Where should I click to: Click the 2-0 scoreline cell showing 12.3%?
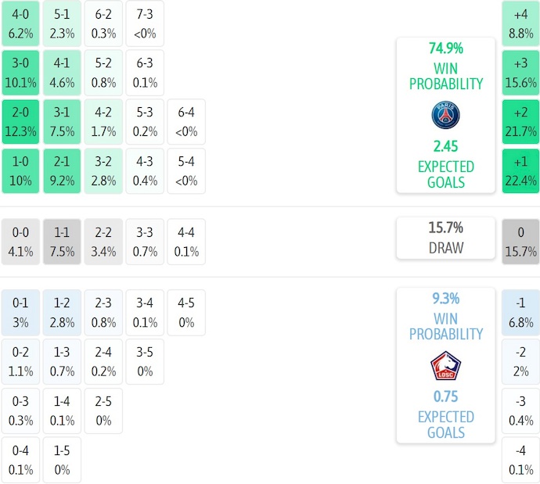(x=20, y=122)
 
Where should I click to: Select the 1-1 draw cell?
(x=61, y=242)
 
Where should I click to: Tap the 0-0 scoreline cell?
(x=20, y=242)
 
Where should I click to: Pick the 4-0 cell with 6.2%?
(x=20, y=23)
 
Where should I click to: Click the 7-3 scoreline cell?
(x=144, y=23)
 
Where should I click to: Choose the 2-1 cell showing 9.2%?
(x=61, y=171)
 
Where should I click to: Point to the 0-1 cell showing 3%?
(x=20, y=312)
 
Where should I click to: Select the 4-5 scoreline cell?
(x=185, y=312)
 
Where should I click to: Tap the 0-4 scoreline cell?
(x=20, y=461)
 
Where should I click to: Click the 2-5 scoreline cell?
(x=103, y=411)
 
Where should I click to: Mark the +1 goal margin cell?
(x=520, y=171)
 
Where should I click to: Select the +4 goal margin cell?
(x=520, y=23)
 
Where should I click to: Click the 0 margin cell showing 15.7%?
(x=520, y=242)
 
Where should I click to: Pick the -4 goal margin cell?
(x=520, y=461)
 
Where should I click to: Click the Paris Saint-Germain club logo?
(x=445, y=116)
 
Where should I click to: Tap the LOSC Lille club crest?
(x=445, y=366)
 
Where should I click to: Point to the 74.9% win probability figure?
(x=445, y=48)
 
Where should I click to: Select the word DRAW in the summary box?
(x=445, y=248)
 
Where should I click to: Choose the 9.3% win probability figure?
(x=445, y=298)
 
